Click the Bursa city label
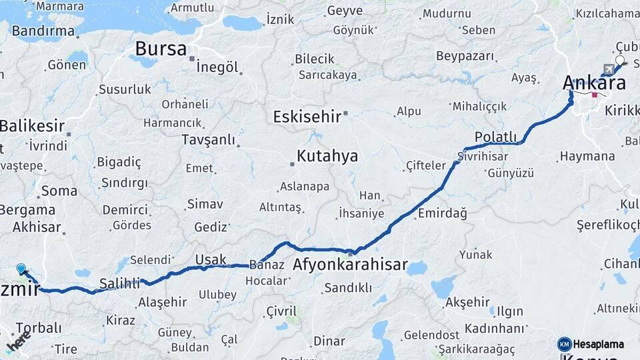pos(162,49)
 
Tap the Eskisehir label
pos(307,117)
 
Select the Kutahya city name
pos(327,157)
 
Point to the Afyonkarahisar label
pos(350,265)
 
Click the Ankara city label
pos(595,83)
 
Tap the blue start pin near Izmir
pos(21,269)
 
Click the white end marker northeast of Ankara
pos(620,61)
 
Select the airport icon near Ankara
pos(607,69)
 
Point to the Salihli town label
pos(119,283)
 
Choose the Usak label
pos(211,259)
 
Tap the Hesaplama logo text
pos(599,344)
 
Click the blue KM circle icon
pos(564,344)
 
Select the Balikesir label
pos(32,125)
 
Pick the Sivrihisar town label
pos(483,157)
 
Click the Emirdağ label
pos(443,213)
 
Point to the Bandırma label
pos(43,31)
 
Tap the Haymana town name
pos(587,157)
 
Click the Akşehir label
pos(467,302)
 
